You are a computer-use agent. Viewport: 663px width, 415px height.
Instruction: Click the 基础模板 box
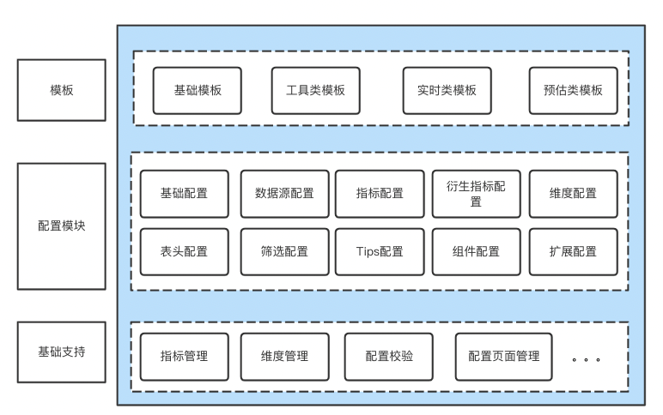[x=198, y=89]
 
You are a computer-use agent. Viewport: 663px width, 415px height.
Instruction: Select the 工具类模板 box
[x=315, y=89]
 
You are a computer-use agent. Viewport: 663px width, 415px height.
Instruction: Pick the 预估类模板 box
[x=573, y=89]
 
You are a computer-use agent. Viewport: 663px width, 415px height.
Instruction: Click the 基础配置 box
[x=184, y=193]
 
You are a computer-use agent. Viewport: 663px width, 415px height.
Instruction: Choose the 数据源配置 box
[x=283, y=193]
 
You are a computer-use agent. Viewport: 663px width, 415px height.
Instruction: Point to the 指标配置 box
[x=379, y=193]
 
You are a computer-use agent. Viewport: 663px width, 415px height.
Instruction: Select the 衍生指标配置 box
[x=476, y=193]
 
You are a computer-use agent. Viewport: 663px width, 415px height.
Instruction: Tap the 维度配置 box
[x=573, y=193]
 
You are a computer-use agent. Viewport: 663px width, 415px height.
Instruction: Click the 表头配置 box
[x=184, y=251]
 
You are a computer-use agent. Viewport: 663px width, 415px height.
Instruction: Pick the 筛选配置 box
[x=283, y=251]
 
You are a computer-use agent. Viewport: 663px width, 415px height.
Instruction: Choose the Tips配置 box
[x=379, y=251]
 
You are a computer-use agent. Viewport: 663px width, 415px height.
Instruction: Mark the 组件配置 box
[x=476, y=251]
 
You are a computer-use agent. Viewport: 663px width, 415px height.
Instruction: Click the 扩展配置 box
[x=573, y=251]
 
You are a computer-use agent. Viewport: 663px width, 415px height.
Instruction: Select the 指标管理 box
[x=184, y=357]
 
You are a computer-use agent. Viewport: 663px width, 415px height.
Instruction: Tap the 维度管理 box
[x=284, y=357]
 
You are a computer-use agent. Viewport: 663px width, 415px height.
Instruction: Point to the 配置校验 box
[x=389, y=357]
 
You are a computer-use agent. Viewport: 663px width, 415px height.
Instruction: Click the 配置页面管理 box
[x=504, y=357]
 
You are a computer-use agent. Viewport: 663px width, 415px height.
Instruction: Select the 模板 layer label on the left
[x=61, y=88]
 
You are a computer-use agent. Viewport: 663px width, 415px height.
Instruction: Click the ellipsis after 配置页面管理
[x=585, y=358]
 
